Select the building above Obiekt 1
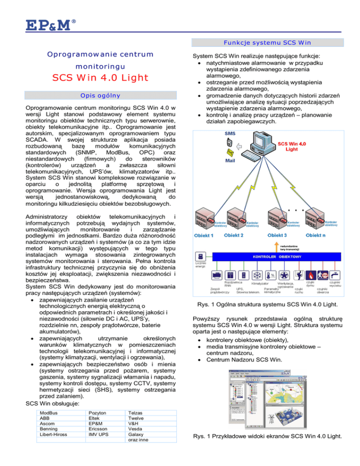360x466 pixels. point(206,214)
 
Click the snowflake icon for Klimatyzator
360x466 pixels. point(258,274)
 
